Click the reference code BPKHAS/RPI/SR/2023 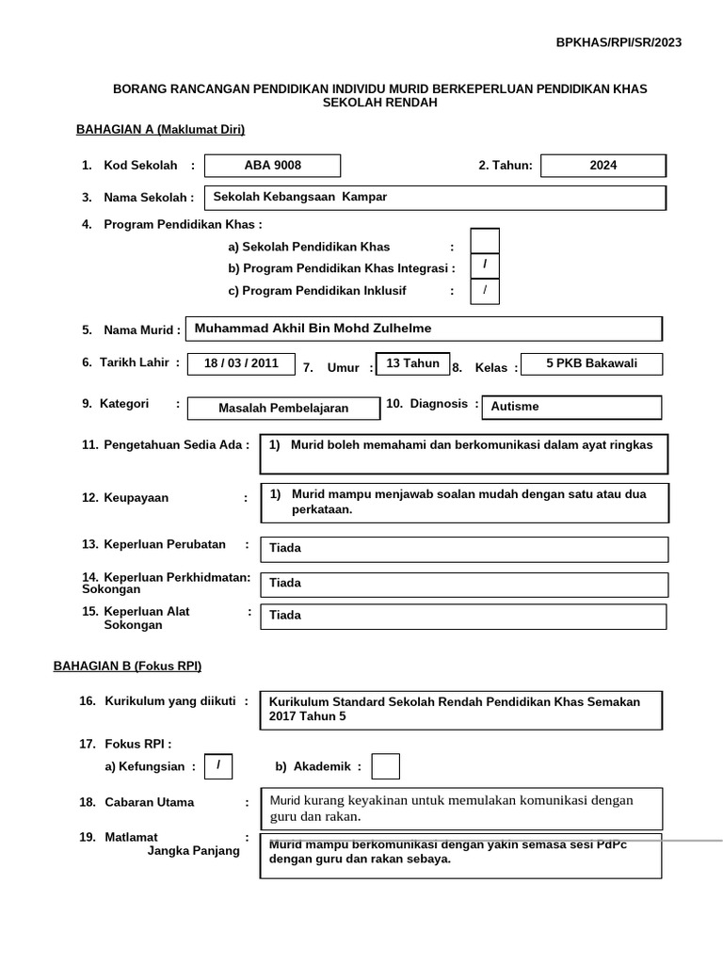point(619,42)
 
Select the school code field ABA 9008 point(273,166)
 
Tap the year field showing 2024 point(603,166)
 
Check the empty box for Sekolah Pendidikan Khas point(485,242)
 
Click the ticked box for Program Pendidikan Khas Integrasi point(485,266)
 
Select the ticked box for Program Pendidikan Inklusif point(485,291)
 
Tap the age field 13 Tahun point(412,364)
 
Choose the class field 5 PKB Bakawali point(591,363)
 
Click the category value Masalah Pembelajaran point(283,408)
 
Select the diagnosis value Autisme point(570,407)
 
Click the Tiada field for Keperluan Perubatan point(464,549)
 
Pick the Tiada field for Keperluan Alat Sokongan point(463,616)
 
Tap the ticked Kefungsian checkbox point(218,766)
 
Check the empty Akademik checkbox point(385,766)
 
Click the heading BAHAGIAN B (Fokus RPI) point(127,666)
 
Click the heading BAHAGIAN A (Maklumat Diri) point(160,130)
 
